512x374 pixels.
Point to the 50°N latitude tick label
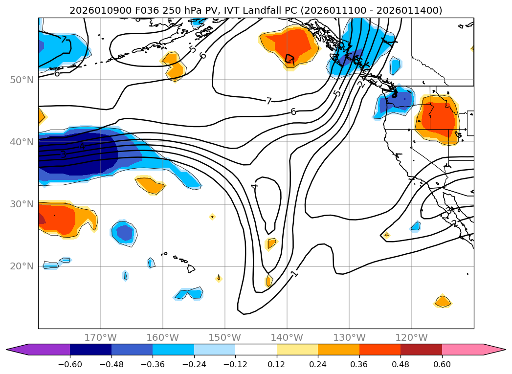(22, 80)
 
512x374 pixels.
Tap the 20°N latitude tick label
(22, 266)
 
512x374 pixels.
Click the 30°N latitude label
(22, 204)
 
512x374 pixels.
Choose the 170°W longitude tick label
(100, 337)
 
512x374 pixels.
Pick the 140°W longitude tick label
(287, 337)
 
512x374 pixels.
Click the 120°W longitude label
(411, 337)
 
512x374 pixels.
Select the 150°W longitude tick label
(225, 337)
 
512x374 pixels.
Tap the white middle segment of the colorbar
(256, 349)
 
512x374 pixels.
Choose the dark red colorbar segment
(421, 349)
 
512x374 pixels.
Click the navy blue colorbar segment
(90, 349)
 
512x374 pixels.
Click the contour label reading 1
(294, 274)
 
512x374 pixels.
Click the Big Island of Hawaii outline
(191, 268)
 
